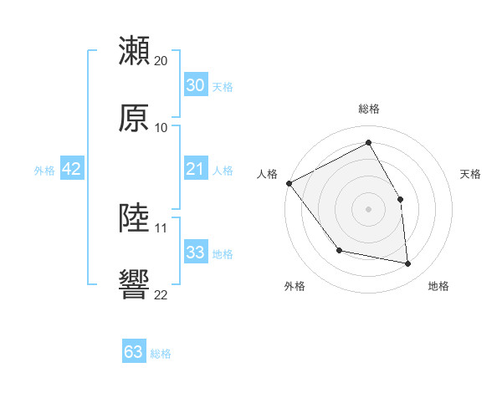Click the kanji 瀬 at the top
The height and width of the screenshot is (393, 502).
coord(135,50)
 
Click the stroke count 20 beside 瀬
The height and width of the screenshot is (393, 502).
coord(161,61)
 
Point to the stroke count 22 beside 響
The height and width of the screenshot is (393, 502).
coord(161,294)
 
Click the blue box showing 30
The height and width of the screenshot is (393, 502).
coord(195,85)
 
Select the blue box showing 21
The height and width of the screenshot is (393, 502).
coord(195,170)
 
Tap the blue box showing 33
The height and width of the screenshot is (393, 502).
coord(195,253)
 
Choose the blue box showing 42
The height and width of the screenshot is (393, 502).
coord(72,170)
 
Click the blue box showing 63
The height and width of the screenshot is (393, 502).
coord(134,352)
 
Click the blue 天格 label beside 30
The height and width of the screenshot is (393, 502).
coord(223,86)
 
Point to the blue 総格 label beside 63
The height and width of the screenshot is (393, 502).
coord(161,354)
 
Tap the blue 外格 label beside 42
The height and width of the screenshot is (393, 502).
coord(44,171)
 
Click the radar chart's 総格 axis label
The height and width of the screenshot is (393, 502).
coord(369,109)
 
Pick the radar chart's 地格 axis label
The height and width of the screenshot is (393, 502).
coord(438,286)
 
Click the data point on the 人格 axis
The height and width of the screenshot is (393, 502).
coord(289,183)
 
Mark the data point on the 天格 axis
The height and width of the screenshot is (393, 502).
coord(400,199)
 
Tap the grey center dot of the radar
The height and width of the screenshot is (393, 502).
coord(368,209)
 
